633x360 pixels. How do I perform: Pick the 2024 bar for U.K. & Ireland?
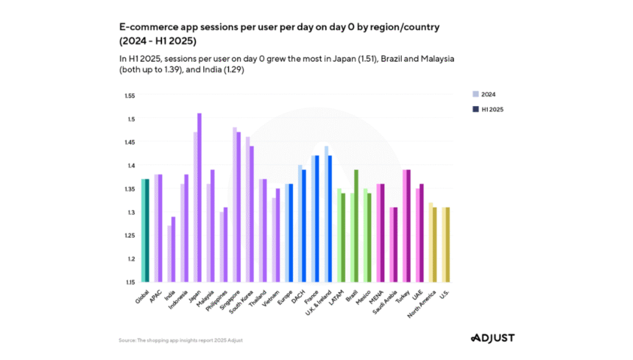coord(326,213)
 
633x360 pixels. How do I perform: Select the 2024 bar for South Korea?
coord(247,209)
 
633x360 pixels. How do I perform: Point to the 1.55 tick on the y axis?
coord(130,96)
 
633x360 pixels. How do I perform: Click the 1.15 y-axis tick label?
coord(130,282)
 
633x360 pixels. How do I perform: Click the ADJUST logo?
coord(492,338)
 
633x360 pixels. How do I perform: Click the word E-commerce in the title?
coord(147,27)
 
